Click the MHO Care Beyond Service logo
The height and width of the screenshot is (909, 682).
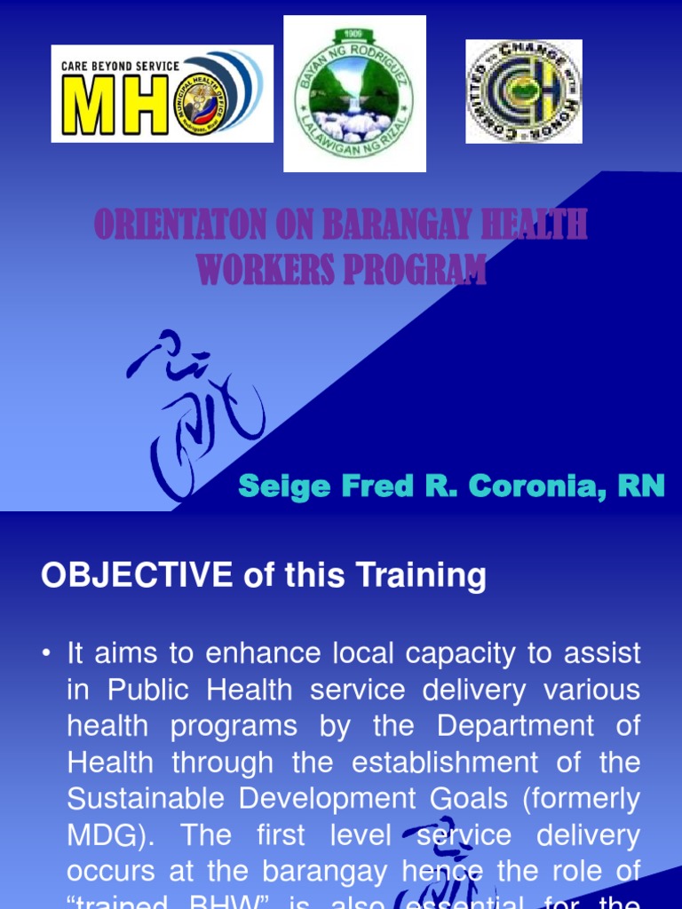click(x=162, y=93)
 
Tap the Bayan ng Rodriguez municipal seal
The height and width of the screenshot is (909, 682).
click(x=354, y=93)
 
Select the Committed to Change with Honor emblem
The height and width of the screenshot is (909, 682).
click(x=523, y=91)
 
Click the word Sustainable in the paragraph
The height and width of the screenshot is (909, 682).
click(x=147, y=798)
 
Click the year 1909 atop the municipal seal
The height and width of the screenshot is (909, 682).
click(x=355, y=35)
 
